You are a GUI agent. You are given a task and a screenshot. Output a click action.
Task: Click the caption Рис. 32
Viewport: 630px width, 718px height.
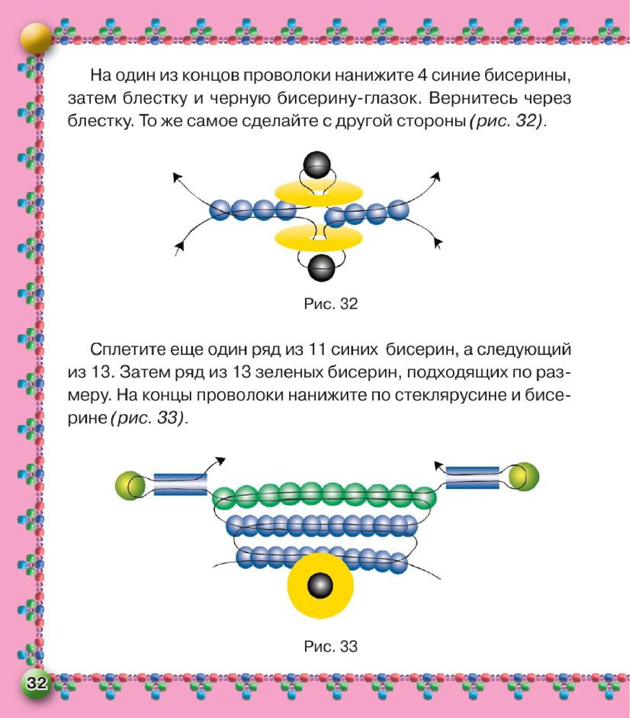[x=331, y=304]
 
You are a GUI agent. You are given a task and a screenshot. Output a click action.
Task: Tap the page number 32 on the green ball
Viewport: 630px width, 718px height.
[x=36, y=683]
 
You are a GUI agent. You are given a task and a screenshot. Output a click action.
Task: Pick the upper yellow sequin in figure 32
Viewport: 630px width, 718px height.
[x=318, y=192]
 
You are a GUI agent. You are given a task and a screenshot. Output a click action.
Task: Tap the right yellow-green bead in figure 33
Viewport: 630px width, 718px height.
[x=524, y=477]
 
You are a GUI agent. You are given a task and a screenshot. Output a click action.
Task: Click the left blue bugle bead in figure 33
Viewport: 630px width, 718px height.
[x=180, y=484]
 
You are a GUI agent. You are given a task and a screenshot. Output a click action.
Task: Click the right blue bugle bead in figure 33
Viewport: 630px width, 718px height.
[x=472, y=477]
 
